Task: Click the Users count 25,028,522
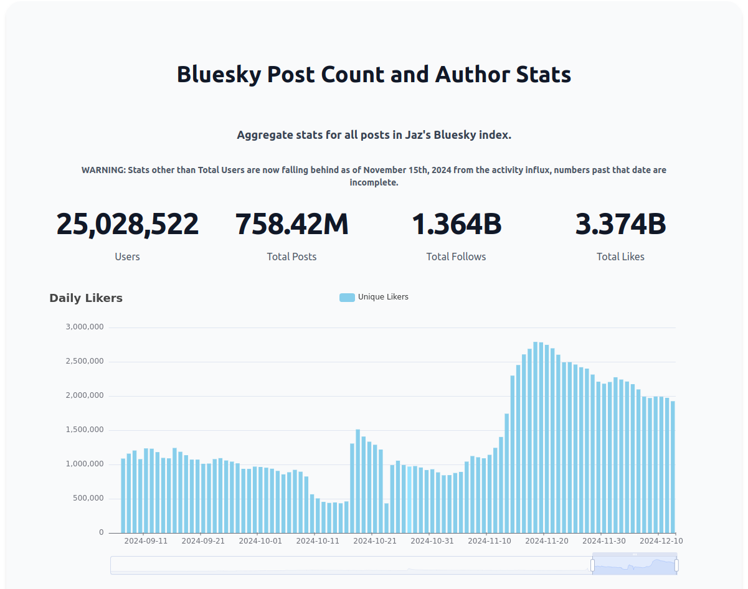click(x=128, y=225)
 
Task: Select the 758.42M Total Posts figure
click(x=291, y=225)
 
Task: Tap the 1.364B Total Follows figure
click(x=457, y=225)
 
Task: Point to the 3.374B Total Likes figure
click(x=620, y=225)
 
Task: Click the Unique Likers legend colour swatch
click(x=347, y=298)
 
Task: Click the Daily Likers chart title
click(x=86, y=298)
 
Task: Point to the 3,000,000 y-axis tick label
click(x=85, y=327)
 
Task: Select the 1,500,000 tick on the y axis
click(x=85, y=430)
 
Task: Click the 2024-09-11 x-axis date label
click(x=146, y=541)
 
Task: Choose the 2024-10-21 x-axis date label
click(x=375, y=541)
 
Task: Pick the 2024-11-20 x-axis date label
click(x=547, y=541)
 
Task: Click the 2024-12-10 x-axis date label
click(x=661, y=541)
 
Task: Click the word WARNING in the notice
click(x=103, y=170)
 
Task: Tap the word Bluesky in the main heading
click(x=219, y=75)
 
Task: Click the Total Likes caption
click(x=620, y=257)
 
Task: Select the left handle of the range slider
click(x=592, y=565)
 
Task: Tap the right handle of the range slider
click(x=676, y=565)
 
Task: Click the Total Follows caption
click(x=456, y=257)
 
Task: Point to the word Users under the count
click(x=128, y=257)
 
